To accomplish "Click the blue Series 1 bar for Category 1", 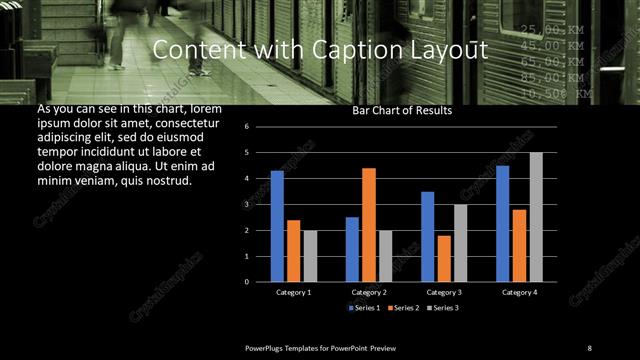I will [x=277, y=227].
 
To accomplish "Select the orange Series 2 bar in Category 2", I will [x=369, y=225].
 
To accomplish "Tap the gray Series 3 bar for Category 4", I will [x=536, y=217].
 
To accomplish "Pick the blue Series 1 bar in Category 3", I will [x=427, y=237].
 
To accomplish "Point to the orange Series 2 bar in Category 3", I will [x=444, y=259].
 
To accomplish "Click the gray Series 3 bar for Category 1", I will [x=310, y=256].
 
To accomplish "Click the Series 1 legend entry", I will [x=364, y=307].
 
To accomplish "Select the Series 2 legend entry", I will [x=402, y=307].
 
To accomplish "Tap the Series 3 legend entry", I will [x=440, y=307].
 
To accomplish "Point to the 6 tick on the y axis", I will [x=260, y=127].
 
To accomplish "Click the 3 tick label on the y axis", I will [x=260, y=204].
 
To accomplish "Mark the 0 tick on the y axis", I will [x=260, y=282].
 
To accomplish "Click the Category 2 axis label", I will [x=369, y=292].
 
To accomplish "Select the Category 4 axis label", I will [x=519, y=292].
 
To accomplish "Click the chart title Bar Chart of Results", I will [x=402, y=111].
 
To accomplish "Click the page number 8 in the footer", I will [x=589, y=347].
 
